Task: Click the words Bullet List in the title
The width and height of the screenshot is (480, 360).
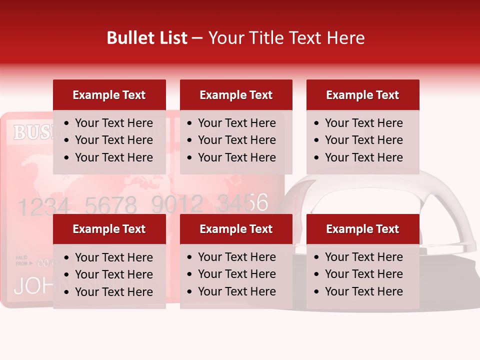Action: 147,38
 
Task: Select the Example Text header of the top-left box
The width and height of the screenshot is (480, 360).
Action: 109,95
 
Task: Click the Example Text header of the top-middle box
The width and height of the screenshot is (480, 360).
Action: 236,95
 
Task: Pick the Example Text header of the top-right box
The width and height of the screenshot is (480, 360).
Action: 362,95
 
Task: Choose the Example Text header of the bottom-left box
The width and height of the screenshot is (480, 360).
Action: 109,229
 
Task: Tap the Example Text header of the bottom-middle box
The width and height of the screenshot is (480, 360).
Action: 236,229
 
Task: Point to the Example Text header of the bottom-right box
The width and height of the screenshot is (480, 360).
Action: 362,229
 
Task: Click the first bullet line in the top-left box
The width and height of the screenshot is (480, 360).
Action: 113,123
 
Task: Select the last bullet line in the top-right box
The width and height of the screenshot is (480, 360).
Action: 363,157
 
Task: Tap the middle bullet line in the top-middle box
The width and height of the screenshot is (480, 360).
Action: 236,140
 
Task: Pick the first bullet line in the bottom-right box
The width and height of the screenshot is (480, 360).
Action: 363,257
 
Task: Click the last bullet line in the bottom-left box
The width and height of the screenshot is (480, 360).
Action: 113,292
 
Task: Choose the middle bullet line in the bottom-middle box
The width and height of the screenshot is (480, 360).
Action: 236,274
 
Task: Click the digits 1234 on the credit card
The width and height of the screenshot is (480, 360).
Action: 42,205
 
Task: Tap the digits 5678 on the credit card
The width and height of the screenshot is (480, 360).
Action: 110,205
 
